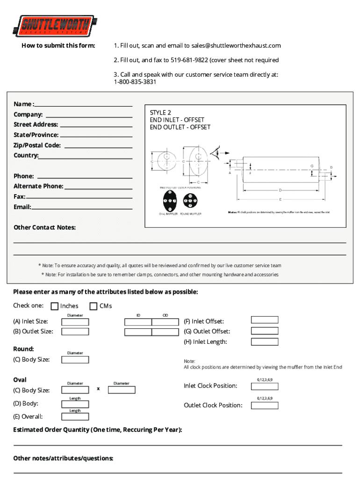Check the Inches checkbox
[54, 306]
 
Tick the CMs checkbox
[93, 306]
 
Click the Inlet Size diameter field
[75, 322]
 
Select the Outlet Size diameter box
[75, 332]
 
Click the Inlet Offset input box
[265, 320]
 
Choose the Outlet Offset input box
[265, 330]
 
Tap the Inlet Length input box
[265, 341]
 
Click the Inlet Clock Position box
[265, 386]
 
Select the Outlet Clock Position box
[265, 405]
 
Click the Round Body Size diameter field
[75, 360]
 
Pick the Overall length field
[75, 416]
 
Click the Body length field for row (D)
[75, 404]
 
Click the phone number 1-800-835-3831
[135, 82]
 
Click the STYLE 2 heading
[160, 113]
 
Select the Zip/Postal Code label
[37, 145]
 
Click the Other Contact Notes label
[44, 227]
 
